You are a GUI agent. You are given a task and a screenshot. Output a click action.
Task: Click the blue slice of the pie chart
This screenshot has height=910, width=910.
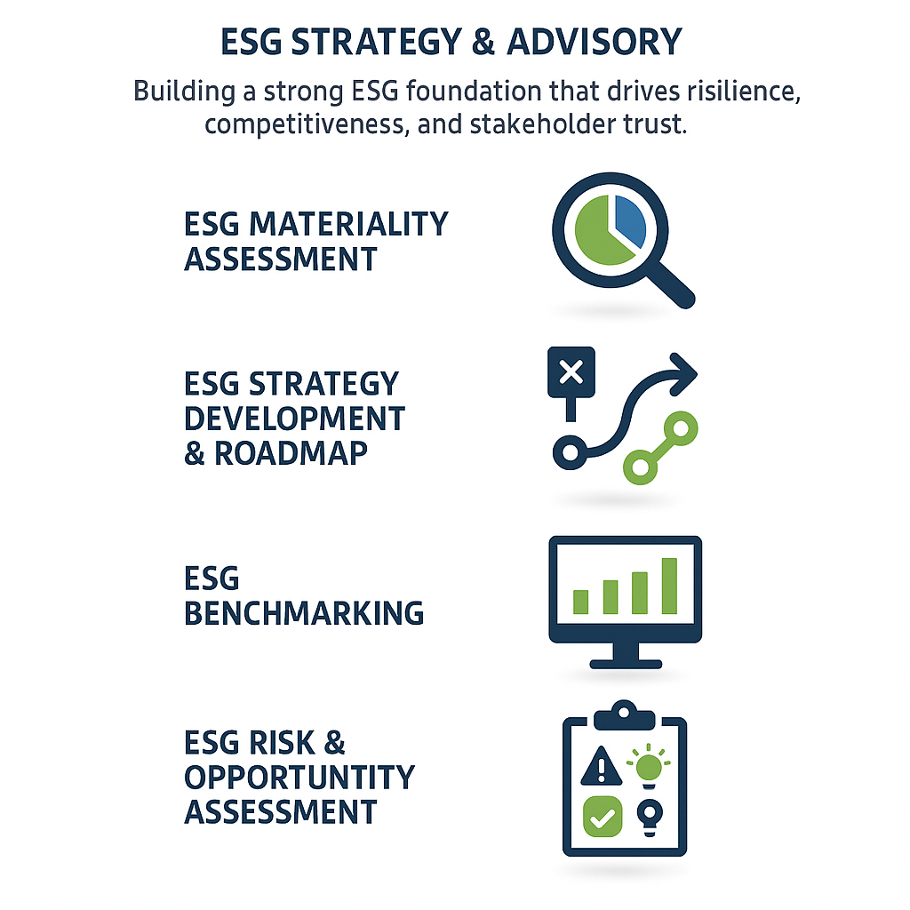pos(627,221)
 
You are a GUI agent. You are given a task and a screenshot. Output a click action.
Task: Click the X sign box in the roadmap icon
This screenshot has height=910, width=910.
pos(571,372)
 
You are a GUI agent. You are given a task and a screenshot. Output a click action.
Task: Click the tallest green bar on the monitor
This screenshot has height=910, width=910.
pos(669,586)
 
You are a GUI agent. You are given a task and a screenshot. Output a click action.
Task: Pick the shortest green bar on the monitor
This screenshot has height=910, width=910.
pos(581,602)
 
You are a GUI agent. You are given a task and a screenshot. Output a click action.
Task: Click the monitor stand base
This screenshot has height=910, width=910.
pos(626,662)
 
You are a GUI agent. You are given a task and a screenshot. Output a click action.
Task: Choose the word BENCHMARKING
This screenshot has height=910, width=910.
pos(304,613)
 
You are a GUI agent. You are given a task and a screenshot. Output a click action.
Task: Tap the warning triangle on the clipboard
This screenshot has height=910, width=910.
pos(601,766)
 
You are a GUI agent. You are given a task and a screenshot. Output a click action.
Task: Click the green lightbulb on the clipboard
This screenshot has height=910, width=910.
pos(649,767)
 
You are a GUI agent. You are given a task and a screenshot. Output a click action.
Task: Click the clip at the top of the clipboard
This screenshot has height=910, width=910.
pos(625,712)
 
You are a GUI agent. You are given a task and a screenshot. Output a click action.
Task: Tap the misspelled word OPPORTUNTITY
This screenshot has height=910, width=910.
pos(299,777)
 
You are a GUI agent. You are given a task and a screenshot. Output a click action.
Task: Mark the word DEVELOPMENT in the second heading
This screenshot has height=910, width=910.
pos(294,419)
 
